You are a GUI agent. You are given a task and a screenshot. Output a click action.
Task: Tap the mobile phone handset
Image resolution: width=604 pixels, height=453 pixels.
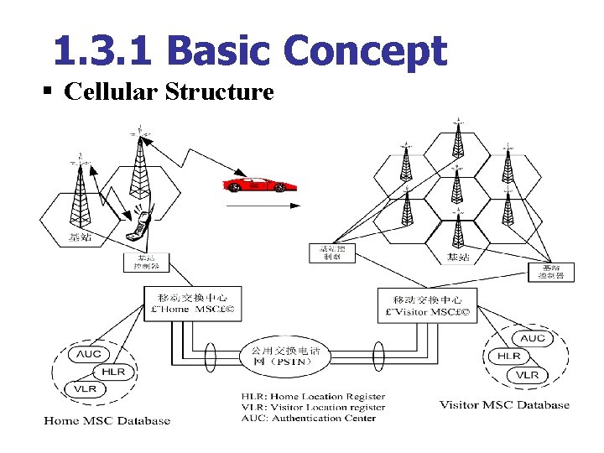(x=140, y=225)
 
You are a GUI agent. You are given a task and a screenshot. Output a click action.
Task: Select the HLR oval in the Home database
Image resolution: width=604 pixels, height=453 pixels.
(x=113, y=372)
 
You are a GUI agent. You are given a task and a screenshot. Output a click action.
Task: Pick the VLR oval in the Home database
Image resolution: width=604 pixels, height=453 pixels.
(x=85, y=389)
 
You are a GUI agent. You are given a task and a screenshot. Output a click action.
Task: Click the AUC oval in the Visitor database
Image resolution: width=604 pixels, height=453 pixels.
(x=533, y=338)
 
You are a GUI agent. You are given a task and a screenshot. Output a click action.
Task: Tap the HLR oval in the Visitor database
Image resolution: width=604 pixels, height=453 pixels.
(x=509, y=356)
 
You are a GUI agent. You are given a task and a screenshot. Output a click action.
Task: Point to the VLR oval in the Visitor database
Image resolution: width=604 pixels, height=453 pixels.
(x=528, y=375)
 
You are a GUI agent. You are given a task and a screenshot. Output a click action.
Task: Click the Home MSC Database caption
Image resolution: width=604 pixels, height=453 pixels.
(x=107, y=421)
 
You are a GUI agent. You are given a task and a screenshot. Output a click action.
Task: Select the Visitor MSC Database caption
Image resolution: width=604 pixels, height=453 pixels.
(x=504, y=405)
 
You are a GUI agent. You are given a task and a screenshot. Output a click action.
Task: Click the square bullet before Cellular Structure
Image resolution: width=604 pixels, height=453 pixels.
(x=53, y=91)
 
